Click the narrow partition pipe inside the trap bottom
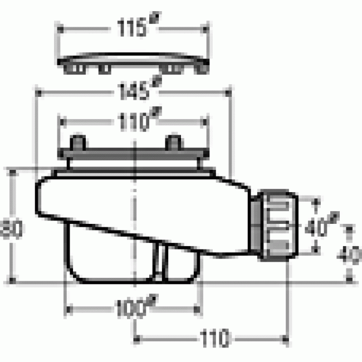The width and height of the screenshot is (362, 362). click(x=158, y=262)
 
